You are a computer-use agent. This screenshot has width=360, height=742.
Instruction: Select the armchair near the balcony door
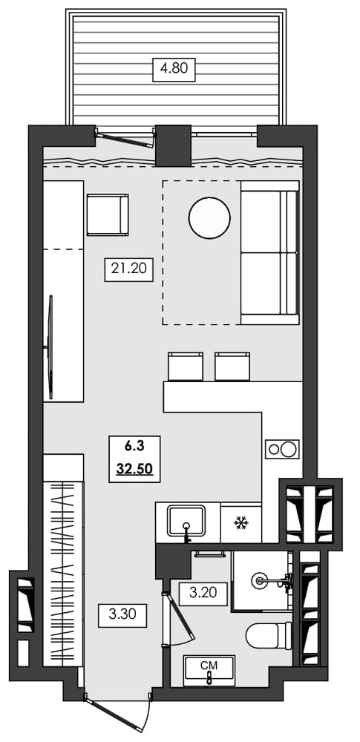click(108, 215)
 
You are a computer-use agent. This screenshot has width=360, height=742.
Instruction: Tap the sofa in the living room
click(269, 256)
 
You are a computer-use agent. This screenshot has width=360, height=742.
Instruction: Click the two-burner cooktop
click(281, 449)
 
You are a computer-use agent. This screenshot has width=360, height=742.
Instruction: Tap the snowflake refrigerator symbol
click(240, 524)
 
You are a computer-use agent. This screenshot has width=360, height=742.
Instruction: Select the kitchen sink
click(187, 522)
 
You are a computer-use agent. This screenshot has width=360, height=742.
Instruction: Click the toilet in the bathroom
click(268, 635)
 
